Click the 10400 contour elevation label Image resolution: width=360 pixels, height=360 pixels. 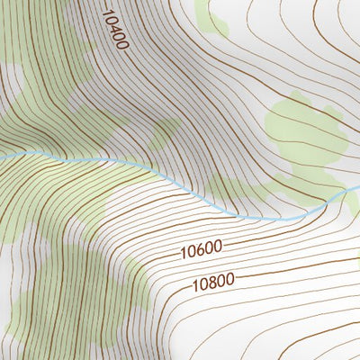(115, 30)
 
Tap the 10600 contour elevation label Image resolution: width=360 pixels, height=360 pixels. (201, 247)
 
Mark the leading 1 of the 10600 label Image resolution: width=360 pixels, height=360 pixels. (183, 250)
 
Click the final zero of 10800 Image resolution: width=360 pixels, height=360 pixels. (230, 279)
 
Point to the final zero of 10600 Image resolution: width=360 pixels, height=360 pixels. (219, 245)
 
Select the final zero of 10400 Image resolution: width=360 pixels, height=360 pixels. (122, 46)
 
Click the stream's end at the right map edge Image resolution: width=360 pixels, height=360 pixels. (358, 187)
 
